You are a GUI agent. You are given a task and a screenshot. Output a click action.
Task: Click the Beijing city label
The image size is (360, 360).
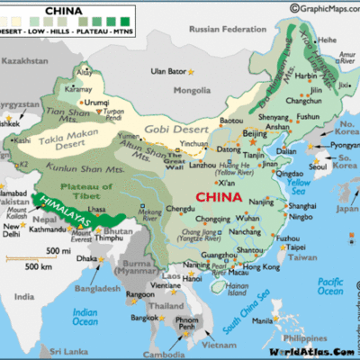pos(256,133)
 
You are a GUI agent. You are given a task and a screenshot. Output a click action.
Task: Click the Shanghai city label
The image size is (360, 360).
pos(301,206)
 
